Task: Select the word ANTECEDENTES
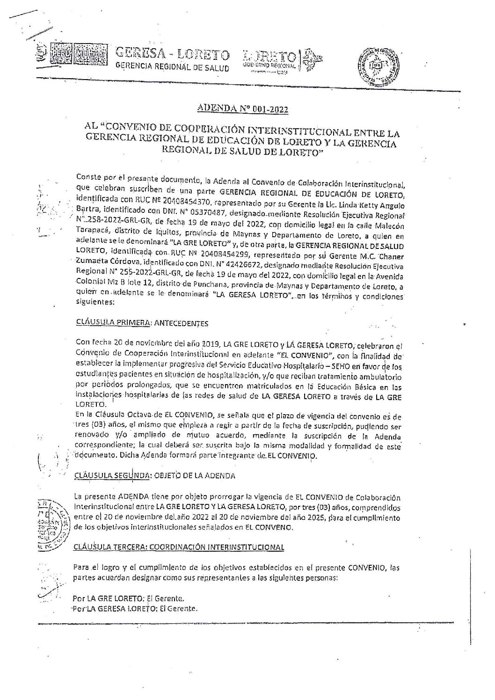[180, 323]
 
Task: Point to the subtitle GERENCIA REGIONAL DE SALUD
[172, 68]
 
